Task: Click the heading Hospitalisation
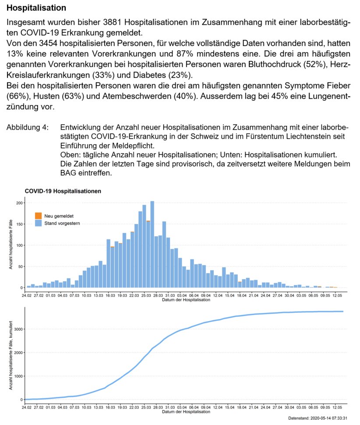pyautogui.click(x=36, y=8)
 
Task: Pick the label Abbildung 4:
pyautogui.click(x=27, y=127)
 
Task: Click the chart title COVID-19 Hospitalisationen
pyautogui.click(x=63, y=191)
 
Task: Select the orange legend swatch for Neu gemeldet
pyautogui.click(x=39, y=216)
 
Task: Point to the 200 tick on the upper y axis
pyautogui.click(x=19, y=203)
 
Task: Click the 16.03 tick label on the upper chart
pyautogui.click(x=110, y=296)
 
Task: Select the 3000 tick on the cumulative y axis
pyautogui.click(x=17, y=329)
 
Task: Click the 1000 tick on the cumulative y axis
pyautogui.click(x=17, y=376)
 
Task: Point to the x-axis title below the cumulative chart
pyautogui.click(x=186, y=412)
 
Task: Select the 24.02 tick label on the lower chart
pyautogui.click(x=27, y=407)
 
